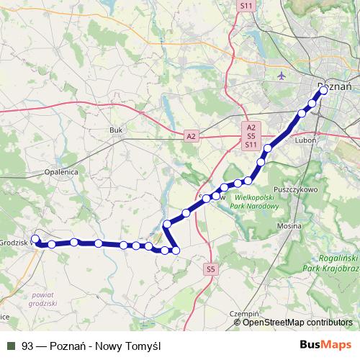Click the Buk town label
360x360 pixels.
tap(116, 130)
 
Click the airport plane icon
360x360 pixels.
tap(280, 75)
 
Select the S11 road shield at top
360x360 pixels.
tap(247, 5)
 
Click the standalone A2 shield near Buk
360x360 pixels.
tap(191, 135)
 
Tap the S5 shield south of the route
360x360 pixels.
tap(210, 269)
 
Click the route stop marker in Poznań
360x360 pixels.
tap(323, 91)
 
